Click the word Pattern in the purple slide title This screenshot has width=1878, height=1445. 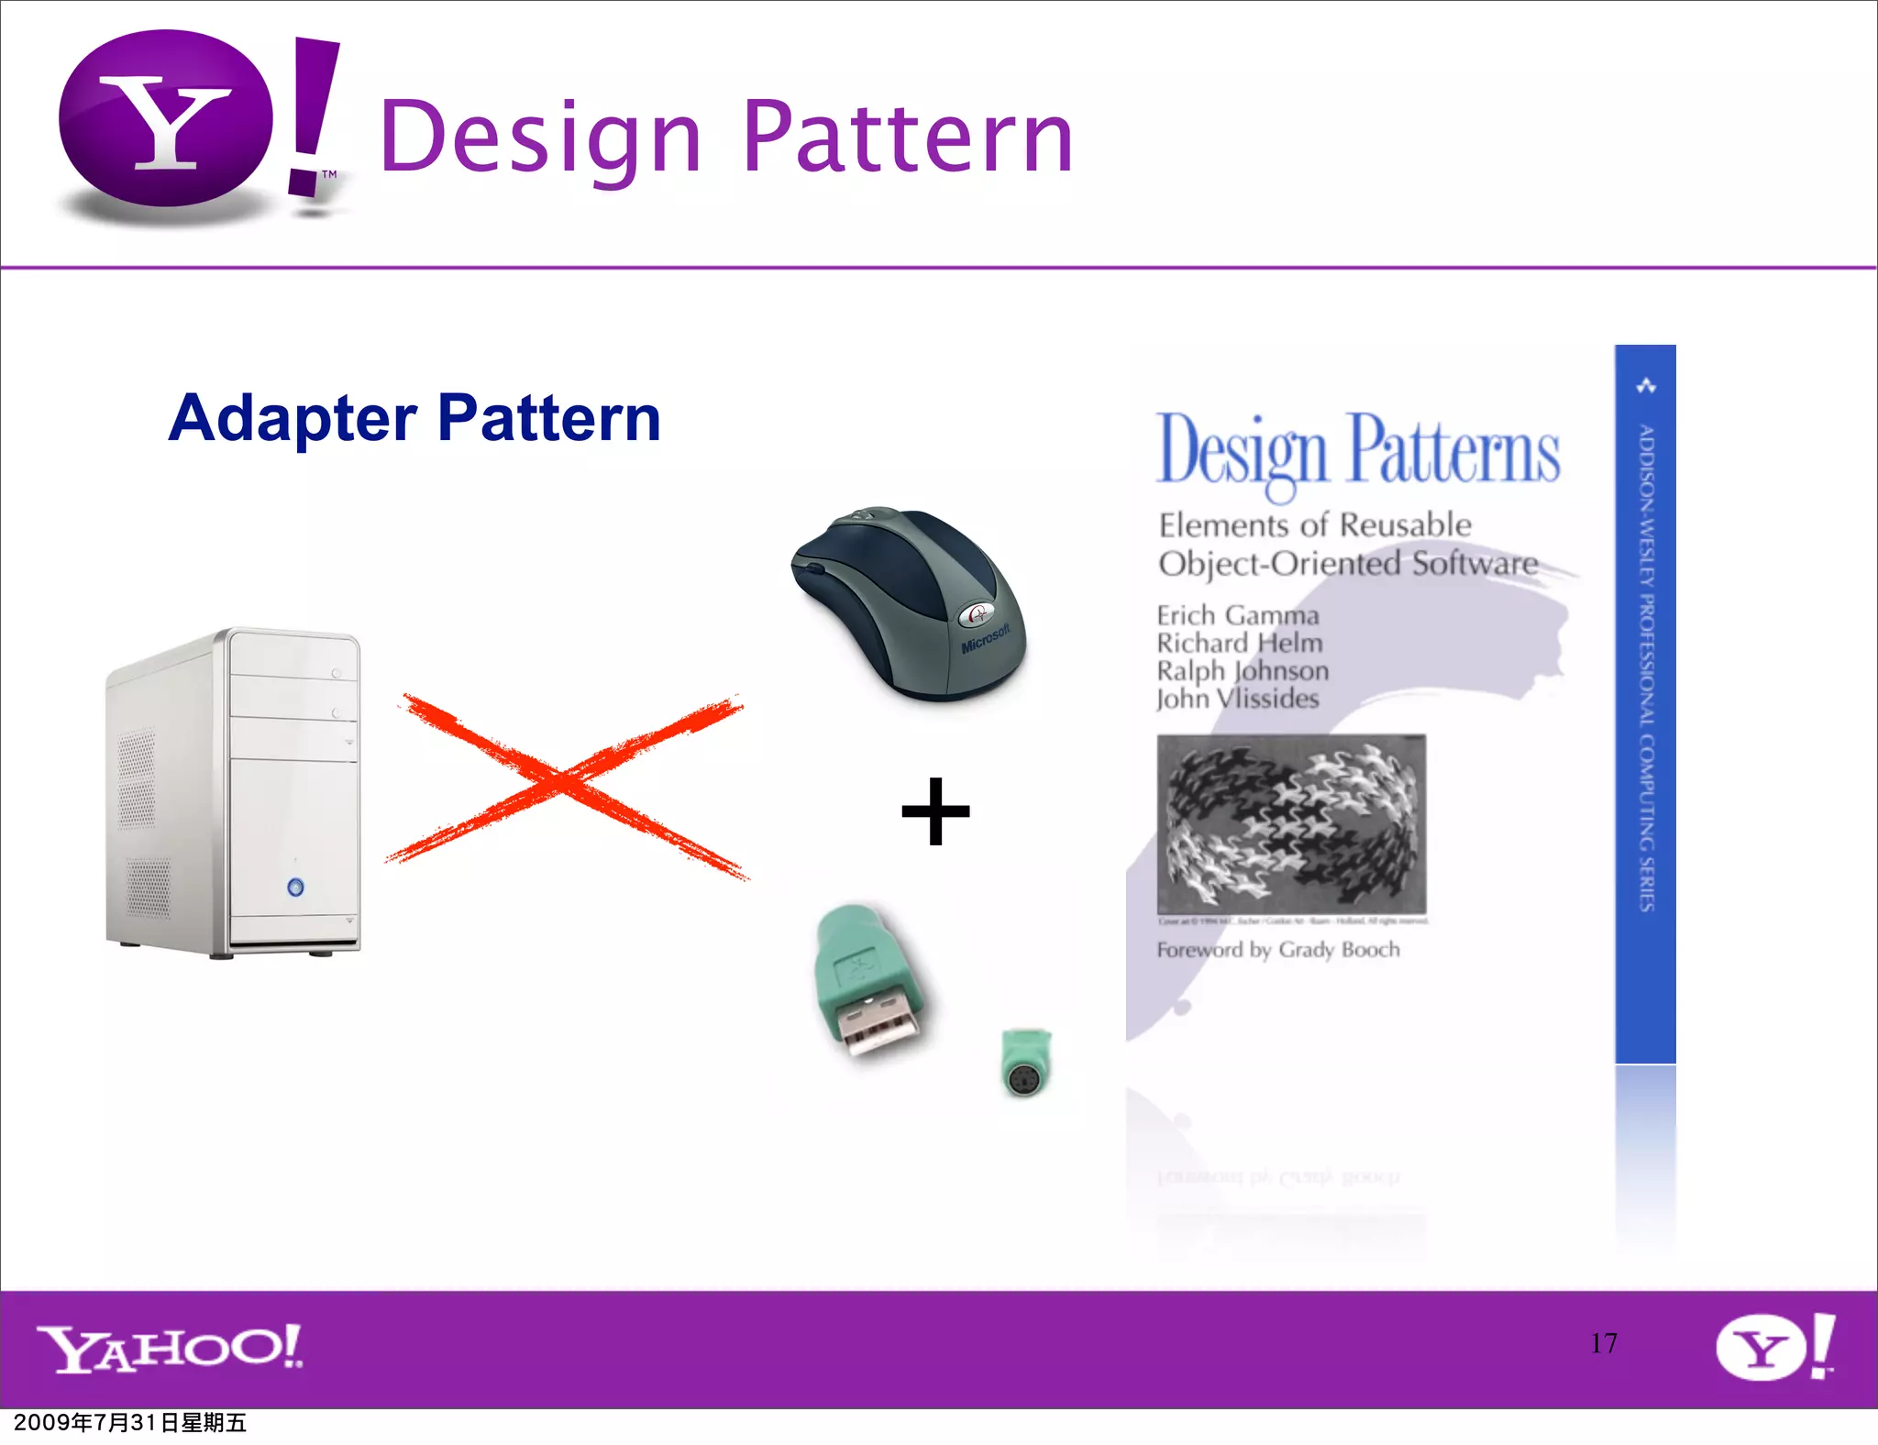click(907, 138)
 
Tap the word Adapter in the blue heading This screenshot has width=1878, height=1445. click(293, 418)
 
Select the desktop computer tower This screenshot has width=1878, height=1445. click(234, 793)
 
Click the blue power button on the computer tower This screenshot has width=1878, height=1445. click(295, 887)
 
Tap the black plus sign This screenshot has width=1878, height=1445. click(935, 811)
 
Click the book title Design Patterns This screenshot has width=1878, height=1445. click(1357, 451)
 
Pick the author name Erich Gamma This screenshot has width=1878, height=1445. click(1237, 615)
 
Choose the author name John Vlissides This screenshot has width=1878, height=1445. click(1237, 699)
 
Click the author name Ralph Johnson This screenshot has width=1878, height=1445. click(1242, 671)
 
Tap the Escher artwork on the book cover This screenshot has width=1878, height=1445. click(1291, 823)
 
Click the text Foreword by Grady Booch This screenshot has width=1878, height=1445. click(1278, 950)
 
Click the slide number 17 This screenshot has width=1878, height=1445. click(1604, 1343)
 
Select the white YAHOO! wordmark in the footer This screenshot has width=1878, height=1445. click(170, 1348)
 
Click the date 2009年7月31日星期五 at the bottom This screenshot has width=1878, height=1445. click(130, 1423)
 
